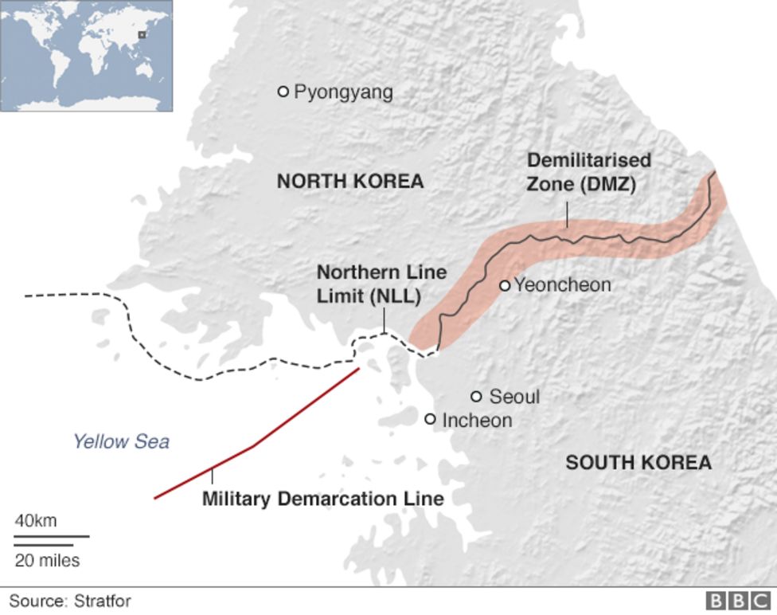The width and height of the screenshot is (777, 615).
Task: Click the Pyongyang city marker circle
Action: point(283,92)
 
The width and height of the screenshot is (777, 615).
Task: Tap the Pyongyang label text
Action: point(343,92)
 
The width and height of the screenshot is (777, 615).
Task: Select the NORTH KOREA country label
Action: point(350,182)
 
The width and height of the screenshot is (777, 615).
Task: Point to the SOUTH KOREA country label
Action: point(638,462)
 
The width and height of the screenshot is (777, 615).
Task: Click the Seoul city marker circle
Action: point(477,396)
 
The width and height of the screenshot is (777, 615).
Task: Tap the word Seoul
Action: point(514,397)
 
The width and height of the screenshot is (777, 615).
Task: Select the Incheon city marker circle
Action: point(431,418)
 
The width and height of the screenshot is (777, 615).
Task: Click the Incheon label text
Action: point(477,420)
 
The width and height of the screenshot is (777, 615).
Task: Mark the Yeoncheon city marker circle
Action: point(504,285)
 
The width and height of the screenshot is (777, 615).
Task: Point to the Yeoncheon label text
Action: point(563,284)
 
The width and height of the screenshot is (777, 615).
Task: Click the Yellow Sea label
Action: point(121,441)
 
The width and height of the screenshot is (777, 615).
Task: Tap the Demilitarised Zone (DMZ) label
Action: point(589,171)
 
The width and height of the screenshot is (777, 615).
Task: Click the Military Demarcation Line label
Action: point(322,499)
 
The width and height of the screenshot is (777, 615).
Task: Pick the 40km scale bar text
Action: point(36,521)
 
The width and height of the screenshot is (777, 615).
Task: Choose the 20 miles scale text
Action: point(48,561)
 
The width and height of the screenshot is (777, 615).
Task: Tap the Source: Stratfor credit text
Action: point(70,601)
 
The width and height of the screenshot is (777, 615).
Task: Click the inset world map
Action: point(86,55)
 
